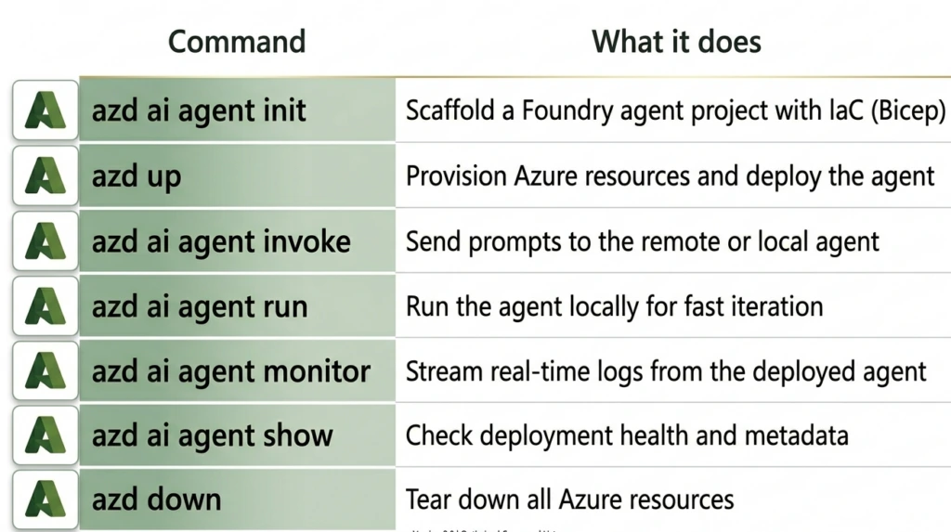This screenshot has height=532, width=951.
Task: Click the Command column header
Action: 237,42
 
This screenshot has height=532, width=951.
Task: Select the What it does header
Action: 676,42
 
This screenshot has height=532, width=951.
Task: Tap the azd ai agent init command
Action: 199,111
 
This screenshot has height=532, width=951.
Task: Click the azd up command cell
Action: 137,176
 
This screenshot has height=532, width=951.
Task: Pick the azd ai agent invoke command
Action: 221,242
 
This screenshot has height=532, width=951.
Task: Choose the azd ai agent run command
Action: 200,306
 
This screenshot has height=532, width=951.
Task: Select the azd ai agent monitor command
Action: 231,371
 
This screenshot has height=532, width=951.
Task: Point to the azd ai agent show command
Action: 213,435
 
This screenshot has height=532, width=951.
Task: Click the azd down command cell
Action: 157,500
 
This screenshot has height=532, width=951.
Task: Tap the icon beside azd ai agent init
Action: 46,111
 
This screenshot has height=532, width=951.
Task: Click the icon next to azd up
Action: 46,176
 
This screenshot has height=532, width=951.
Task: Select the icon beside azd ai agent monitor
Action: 46,371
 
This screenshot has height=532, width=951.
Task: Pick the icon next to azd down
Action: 46,500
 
